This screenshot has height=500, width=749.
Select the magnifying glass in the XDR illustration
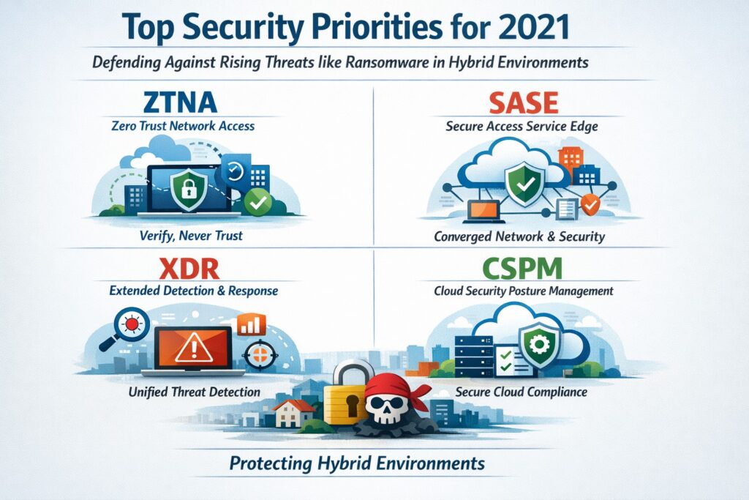[x=132, y=324]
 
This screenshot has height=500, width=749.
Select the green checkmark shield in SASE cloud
[x=525, y=182]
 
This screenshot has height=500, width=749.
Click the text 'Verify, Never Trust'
[x=190, y=236]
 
